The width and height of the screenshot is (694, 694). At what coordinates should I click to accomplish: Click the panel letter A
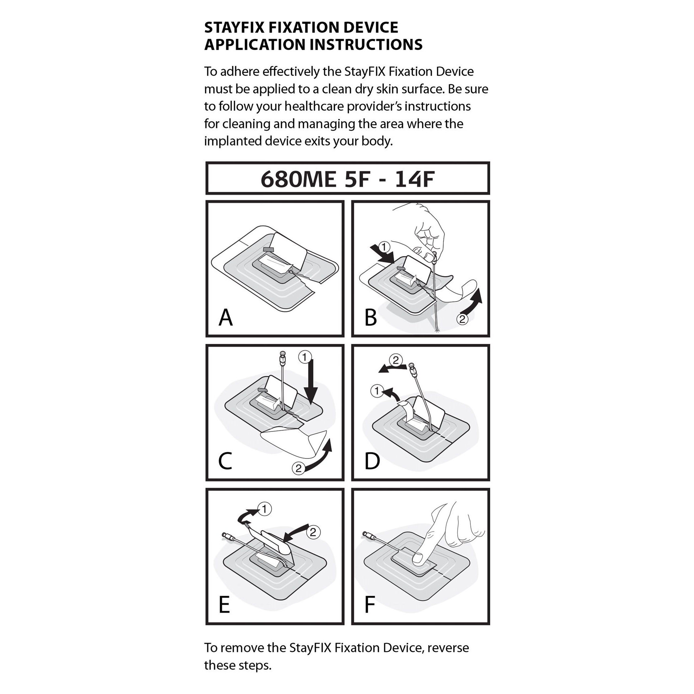(x=226, y=318)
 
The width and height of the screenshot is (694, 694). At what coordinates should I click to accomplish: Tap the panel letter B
(x=371, y=318)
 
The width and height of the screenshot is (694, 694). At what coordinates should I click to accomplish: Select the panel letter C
(x=225, y=461)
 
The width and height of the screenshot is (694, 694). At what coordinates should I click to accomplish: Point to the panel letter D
(x=372, y=461)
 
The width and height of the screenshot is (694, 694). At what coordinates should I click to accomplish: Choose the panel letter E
(x=224, y=605)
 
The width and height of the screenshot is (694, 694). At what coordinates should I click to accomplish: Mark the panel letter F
(x=370, y=605)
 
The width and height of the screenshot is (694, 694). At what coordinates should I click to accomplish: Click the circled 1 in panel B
(x=385, y=247)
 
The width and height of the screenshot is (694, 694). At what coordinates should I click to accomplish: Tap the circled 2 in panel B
(x=462, y=319)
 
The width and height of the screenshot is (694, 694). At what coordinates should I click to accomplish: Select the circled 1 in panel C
(x=304, y=357)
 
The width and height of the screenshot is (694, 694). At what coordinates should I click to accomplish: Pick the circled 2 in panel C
(x=299, y=468)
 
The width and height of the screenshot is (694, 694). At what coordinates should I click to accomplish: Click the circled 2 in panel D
(x=395, y=361)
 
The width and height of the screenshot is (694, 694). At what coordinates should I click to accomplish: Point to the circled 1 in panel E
(x=264, y=509)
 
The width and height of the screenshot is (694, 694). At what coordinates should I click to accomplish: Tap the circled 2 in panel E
(x=313, y=532)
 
